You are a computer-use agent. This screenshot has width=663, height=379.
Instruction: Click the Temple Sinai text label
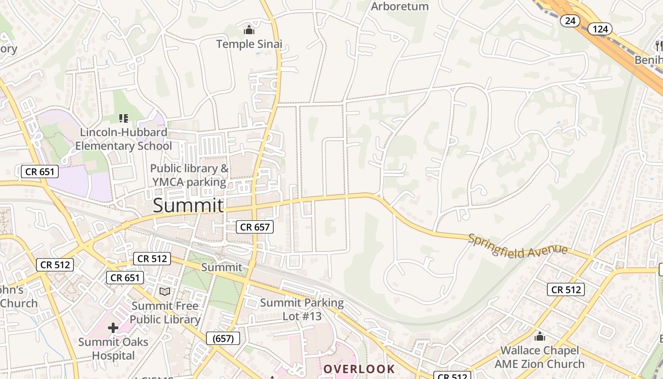249,44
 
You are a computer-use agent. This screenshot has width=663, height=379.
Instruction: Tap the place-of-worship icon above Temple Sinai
249,30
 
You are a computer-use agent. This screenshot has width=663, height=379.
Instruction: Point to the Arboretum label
400,6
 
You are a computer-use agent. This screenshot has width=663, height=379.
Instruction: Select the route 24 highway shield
570,20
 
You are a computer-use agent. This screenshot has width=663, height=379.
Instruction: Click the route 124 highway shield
600,29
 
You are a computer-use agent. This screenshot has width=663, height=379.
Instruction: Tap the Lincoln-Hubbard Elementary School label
124,139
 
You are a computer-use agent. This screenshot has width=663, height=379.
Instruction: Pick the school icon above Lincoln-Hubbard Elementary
124,118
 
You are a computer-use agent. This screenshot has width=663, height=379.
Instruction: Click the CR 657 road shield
255,227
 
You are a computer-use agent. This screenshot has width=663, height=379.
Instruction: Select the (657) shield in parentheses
223,338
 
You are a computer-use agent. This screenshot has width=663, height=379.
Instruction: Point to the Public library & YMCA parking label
189,175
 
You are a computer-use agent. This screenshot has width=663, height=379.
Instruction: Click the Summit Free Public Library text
165,313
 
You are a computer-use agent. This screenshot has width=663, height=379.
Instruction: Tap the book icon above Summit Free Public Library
165,292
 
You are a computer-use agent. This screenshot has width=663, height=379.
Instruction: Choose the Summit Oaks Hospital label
113,348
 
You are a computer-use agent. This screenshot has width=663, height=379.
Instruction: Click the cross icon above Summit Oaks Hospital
113,327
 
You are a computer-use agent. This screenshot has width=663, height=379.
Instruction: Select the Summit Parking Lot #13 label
302,309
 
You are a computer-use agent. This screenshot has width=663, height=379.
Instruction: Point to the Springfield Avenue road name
517,245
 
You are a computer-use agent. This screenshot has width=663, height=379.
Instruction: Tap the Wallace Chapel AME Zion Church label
540,357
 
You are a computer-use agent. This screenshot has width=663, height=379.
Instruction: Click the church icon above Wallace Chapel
539,337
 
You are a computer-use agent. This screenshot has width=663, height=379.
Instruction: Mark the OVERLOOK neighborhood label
359,369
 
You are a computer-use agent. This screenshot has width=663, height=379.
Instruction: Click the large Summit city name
188,205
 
